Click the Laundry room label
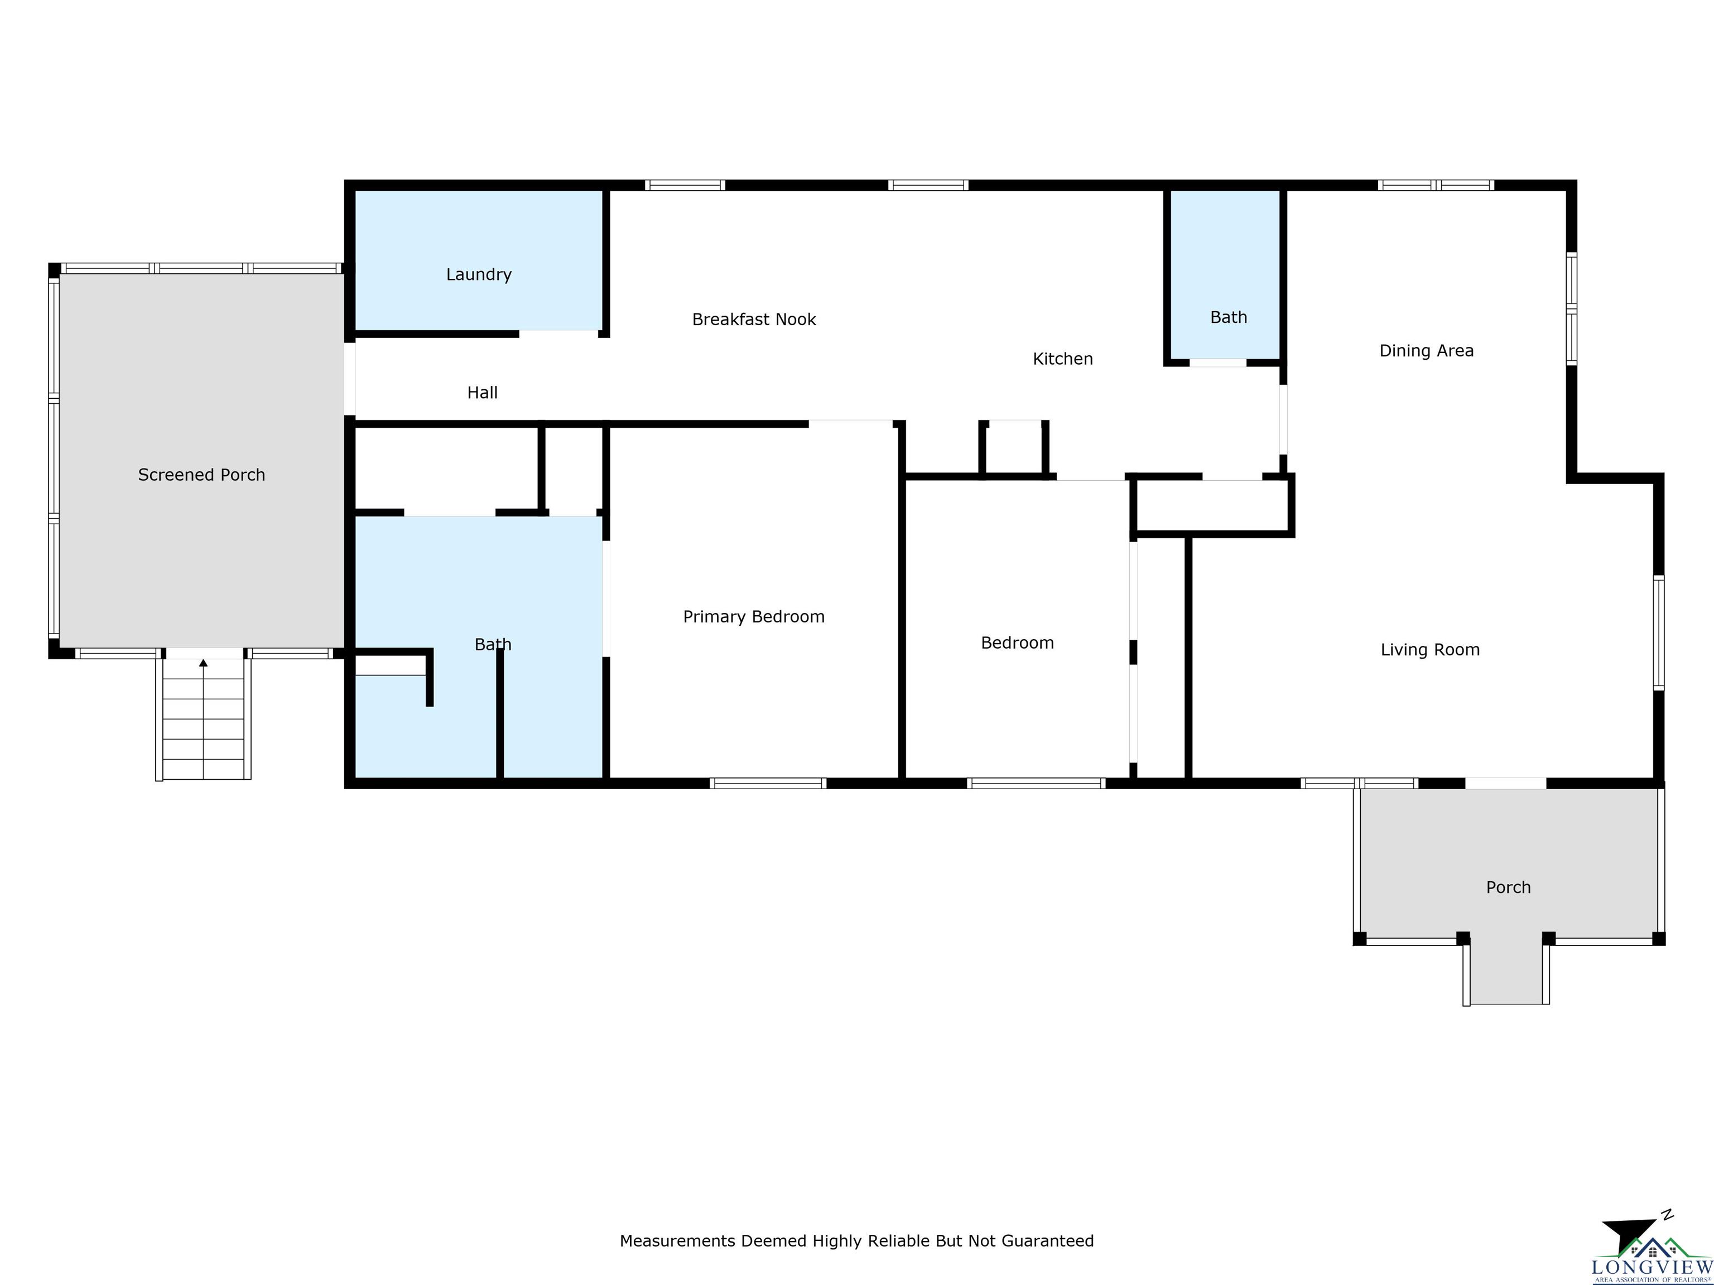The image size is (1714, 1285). pyautogui.click(x=479, y=274)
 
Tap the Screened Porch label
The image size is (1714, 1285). pyautogui.click(x=201, y=475)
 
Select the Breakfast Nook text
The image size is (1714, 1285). pyautogui.click(x=754, y=319)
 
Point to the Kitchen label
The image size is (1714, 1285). pyautogui.click(x=1063, y=359)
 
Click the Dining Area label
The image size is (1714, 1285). pyautogui.click(x=1427, y=351)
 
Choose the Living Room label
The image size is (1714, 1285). pyautogui.click(x=1431, y=650)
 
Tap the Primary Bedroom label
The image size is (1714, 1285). pyautogui.click(x=754, y=616)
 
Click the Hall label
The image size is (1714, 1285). pyautogui.click(x=482, y=393)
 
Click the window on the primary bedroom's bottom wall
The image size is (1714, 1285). pyautogui.click(x=768, y=783)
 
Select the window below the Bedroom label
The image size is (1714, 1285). pyautogui.click(x=1036, y=783)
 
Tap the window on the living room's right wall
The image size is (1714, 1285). pyautogui.click(x=1658, y=632)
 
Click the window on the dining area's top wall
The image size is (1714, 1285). pyautogui.click(x=1436, y=185)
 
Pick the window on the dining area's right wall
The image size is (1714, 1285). pyautogui.click(x=1571, y=308)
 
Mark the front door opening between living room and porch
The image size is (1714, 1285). pyautogui.click(x=1505, y=783)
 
